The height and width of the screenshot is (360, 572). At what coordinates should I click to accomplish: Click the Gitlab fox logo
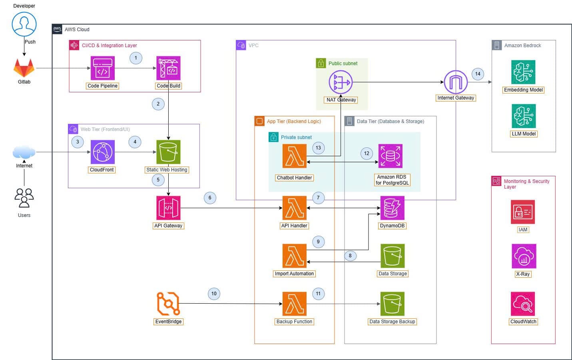[x=24, y=68]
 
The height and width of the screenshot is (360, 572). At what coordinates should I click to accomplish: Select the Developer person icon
[x=24, y=24]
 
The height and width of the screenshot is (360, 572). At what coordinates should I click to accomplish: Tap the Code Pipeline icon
[x=103, y=68]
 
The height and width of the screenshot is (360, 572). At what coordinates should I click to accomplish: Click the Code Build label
[x=168, y=86]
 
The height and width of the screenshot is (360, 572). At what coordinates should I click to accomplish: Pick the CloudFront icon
[x=103, y=152]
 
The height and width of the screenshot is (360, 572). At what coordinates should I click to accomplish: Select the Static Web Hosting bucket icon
[x=168, y=152]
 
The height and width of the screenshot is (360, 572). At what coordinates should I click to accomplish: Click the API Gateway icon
[x=168, y=208]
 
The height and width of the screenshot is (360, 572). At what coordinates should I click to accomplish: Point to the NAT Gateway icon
[x=341, y=82]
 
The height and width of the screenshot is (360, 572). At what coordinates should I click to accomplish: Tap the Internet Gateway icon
[x=456, y=82]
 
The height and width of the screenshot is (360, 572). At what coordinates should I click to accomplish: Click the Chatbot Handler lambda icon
[x=295, y=156]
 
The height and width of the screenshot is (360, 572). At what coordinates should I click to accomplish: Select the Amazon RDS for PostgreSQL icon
[x=391, y=156]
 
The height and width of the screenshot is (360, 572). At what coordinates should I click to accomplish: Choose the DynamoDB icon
[x=392, y=208]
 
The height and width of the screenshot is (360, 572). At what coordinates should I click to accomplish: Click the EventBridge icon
[x=168, y=304]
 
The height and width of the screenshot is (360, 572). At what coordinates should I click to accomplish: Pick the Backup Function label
[x=294, y=322]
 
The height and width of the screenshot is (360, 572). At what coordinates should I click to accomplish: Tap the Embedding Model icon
[x=523, y=72]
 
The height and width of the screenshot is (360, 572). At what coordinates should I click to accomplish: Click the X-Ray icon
[x=524, y=256]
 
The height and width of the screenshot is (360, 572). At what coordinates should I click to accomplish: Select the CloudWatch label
[x=523, y=322]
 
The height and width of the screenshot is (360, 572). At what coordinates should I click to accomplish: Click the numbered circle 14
[x=478, y=74]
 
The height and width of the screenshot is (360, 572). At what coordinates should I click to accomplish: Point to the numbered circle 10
[x=214, y=294]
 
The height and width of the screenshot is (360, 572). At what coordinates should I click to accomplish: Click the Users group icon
[x=24, y=198]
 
